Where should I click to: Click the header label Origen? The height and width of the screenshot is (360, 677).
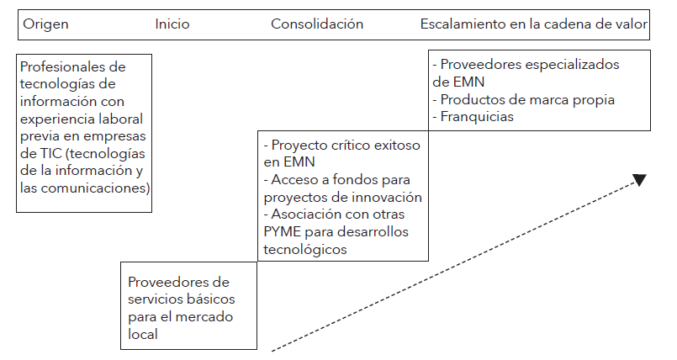tap(45, 24)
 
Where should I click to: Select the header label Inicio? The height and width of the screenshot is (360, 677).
tap(172, 24)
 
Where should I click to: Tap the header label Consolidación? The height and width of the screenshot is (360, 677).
tap(317, 24)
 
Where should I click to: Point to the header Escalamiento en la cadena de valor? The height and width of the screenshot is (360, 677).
tap(534, 24)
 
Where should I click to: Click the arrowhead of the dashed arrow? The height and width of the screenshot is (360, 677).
tap(639, 180)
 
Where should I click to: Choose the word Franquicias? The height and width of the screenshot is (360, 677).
tap(477, 117)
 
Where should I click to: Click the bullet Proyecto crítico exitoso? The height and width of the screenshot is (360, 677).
tap(341, 145)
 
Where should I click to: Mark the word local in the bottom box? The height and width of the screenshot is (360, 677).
tap(144, 334)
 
